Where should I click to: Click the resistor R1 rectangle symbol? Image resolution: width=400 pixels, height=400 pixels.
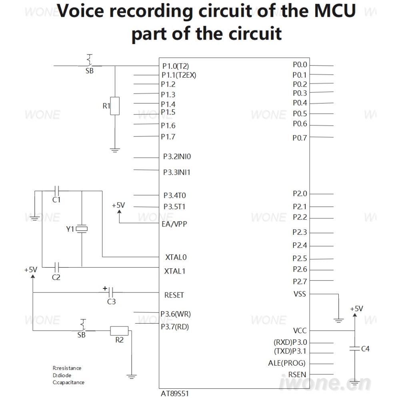[x=115, y=106]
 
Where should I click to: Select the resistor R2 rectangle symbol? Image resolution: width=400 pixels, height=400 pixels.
[x=119, y=331]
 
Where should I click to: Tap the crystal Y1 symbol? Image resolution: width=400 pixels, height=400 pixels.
[x=82, y=229]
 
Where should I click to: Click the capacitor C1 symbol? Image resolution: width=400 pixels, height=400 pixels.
[x=57, y=191]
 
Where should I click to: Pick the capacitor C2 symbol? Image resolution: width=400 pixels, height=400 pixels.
[x=57, y=267]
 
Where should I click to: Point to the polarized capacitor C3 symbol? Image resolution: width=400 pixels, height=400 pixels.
[x=111, y=292]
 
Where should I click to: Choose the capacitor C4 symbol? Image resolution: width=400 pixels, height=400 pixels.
[x=354, y=348]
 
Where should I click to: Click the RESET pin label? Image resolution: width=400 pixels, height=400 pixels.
[x=174, y=295]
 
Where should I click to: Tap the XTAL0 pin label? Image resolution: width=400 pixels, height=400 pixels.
[x=176, y=257]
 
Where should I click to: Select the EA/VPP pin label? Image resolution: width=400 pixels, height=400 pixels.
[x=174, y=224]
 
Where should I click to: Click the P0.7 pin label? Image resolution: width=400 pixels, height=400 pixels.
[x=300, y=138]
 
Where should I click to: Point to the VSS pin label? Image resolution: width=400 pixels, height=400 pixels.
[x=300, y=294]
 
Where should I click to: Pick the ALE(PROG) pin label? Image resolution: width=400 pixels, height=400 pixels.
[x=287, y=363]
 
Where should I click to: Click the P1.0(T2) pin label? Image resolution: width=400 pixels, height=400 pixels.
[x=176, y=66]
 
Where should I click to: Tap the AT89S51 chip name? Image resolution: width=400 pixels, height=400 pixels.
[x=175, y=394]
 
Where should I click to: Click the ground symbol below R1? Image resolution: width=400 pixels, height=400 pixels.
[x=115, y=150]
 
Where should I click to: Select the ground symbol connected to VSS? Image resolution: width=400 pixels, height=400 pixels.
[x=338, y=321]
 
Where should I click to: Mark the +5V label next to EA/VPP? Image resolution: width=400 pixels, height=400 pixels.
[x=118, y=205]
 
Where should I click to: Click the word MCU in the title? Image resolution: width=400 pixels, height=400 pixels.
[x=335, y=11]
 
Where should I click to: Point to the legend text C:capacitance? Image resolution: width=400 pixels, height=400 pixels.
[x=68, y=382]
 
